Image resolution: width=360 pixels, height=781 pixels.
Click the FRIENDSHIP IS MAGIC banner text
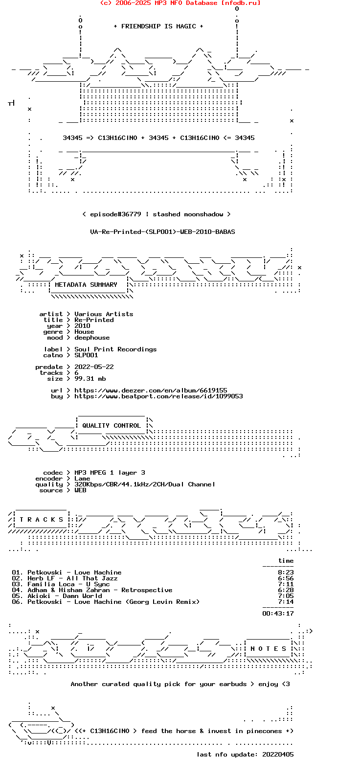click(x=158, y=26)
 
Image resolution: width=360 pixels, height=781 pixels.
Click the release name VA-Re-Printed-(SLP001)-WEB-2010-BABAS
click(x=162, y=232)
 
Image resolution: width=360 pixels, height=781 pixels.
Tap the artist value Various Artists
click(x=104, y=314)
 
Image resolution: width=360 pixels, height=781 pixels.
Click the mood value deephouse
click(x=92, y=338)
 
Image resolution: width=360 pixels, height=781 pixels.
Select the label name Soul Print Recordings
click(x=115, y=349)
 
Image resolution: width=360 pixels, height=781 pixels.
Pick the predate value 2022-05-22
click(x=94, y=367)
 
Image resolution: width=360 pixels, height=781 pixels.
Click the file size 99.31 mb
click(x=90, y=379)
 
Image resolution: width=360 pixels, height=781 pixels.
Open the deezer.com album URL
click(x=151, y=390)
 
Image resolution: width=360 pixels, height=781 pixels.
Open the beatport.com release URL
click(x=158, y=396)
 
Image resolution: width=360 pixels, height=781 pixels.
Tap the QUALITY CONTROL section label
click(x=112, y=426)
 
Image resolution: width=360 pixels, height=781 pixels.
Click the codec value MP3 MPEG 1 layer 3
click(x=110, y=473)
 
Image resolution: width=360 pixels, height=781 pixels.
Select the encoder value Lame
click(x=82, y=479)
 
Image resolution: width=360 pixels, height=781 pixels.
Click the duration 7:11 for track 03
click(x=286, y=584)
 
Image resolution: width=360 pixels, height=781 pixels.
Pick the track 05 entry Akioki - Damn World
click(x=65, y=596)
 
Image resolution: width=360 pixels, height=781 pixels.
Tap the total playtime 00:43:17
click(x=278, y=614)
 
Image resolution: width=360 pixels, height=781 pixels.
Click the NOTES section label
click(x=268, y=649)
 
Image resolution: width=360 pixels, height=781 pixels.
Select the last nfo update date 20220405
click(x=278, y=755)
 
